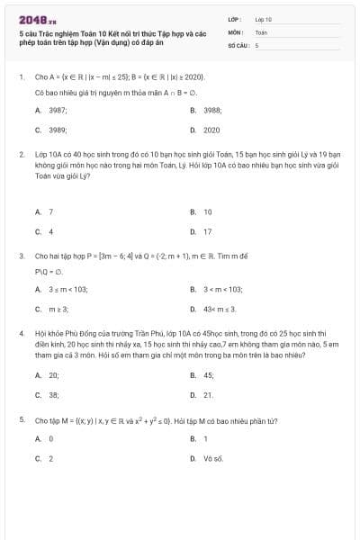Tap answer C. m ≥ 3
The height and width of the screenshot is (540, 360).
(x=58, y=309)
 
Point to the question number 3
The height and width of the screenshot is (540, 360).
(x=21, y=256)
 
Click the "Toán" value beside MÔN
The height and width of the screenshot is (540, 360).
(x=261, y=31)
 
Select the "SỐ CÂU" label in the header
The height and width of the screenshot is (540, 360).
(x=237, y=44)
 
